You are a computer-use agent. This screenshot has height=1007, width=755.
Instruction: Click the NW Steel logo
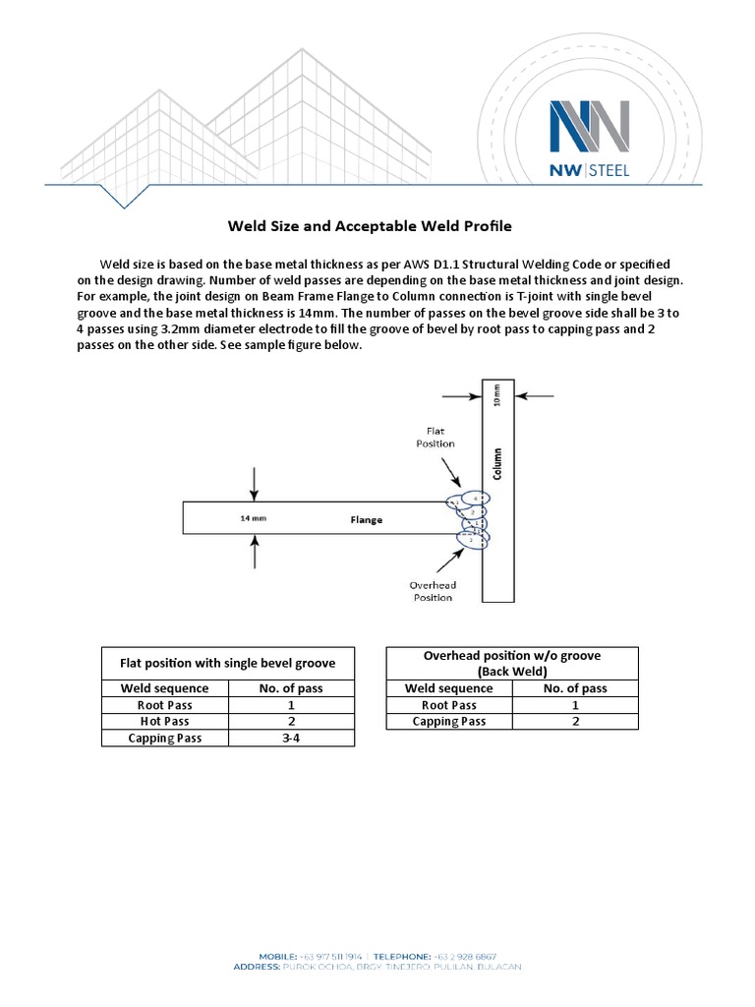pyautogui.click(x=590, y=138)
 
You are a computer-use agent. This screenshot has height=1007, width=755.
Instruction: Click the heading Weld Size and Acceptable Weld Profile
pyautogui.click(x=370, y=226)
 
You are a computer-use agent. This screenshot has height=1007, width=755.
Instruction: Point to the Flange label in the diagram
pyautogui.click(x=367, y=519)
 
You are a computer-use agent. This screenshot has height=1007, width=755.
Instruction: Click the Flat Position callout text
pyautogui.click(x=439, y=437)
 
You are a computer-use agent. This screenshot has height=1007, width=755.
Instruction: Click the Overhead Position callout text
pyautogui.click(x=432, y=591)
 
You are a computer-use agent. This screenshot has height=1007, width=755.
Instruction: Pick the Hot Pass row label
pyautogui.click(x=164, y=721)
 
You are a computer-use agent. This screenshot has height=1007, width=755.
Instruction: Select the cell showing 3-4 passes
pyautogui.click(x=291, y=738)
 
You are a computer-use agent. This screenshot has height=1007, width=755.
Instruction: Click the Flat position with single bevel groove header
pyautogui.click(x=227, y=663)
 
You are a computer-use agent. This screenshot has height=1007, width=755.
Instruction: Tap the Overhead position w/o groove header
pyautogui.click(x=511, y=663)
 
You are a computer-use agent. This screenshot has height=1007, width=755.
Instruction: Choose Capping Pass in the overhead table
pyautogui.click(x=448, y=721)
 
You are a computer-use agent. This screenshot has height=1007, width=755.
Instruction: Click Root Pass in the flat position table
pyautogui.click(x=164, y=705)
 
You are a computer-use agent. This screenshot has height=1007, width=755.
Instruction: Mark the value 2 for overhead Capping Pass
pyautogui.click(x=575, y=721)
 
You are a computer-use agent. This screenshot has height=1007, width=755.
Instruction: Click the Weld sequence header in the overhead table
pyautogui.click(x=448, y=688)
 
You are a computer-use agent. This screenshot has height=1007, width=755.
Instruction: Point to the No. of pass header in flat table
pyautogui.click(x=291, y=688)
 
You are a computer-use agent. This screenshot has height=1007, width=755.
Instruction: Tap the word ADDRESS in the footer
pyautogui.click(x=258, y=967)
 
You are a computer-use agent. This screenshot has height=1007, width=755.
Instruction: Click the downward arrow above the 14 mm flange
pyautogui.click(x=255, y=482)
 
